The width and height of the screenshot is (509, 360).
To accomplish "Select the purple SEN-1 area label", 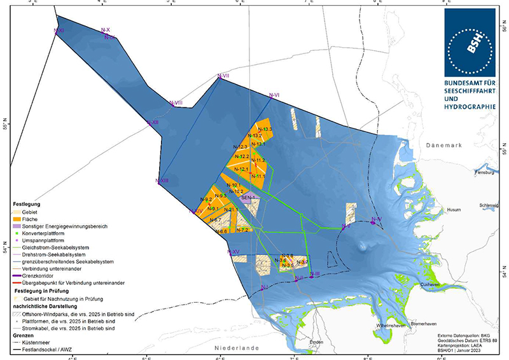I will pos(248,198).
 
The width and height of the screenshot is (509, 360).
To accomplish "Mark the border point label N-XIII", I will pos(162,181).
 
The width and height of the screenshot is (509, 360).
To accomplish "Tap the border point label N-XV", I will pos(233,252).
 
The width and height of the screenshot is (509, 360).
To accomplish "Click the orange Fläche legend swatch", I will pos(16,219).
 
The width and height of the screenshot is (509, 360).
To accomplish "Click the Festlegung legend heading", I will pos(26,204).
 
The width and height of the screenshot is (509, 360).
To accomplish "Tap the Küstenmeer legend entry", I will pos(38,342).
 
